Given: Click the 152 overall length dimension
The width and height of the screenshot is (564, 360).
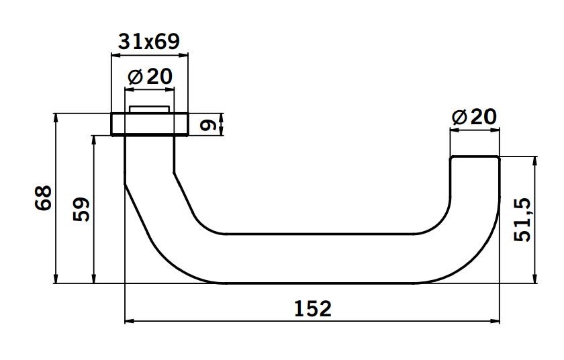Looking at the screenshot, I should (313, 308).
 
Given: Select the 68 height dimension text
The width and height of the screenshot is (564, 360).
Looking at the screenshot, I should (42, 199).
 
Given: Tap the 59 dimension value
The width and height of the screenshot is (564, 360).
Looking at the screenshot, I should (81, 210).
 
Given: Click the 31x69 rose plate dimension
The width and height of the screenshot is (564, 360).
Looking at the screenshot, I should (148, 42).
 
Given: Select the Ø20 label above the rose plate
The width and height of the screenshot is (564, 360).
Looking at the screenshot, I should (149, 77).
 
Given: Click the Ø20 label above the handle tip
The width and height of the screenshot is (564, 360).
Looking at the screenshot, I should (474, 118).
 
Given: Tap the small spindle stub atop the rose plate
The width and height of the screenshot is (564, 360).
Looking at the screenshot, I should (149, 109).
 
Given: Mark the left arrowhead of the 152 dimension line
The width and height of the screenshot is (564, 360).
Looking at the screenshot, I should (130, 322).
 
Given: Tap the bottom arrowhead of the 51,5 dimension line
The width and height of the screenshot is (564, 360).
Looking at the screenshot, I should (535, 279).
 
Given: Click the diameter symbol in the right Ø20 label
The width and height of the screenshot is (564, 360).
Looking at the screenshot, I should (459, 118).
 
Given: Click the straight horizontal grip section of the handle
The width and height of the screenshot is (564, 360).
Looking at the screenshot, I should (316, 259).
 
